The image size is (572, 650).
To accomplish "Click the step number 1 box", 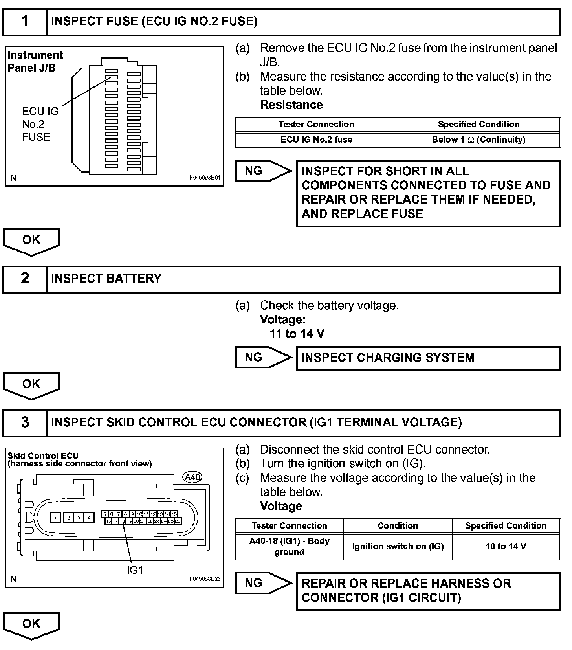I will coord(25,22).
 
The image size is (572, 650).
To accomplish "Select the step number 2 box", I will coord(25,279).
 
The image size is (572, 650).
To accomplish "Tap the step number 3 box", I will coord(25,423).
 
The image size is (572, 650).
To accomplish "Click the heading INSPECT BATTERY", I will coord(106,279).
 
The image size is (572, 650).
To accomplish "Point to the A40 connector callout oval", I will coord(192,477).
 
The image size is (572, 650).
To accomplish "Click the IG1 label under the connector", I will coord(135,570).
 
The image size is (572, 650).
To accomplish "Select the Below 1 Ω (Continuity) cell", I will coord(478,140).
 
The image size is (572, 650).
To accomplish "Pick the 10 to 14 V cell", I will coord(506,547).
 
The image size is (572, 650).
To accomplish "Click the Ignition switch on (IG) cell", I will coord(398,547).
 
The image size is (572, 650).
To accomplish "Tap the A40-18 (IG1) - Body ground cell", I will coord(290,547).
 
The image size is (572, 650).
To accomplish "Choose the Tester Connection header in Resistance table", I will coord(316,125).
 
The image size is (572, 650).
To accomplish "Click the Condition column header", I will coord(398,526).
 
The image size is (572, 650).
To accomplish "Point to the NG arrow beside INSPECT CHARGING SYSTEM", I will coord(263,357).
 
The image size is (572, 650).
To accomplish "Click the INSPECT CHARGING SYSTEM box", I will coord(428,358).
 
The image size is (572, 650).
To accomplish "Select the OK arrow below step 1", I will coord(31,241).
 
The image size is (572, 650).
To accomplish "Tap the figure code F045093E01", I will coord(205,178).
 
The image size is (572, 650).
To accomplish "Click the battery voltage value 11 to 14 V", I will coord(297,334).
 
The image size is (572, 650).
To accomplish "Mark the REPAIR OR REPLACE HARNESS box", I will coord(428,591).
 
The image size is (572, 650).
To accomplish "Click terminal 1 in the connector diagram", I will coord(55,518).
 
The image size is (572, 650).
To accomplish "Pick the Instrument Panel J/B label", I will coord(35,61).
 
